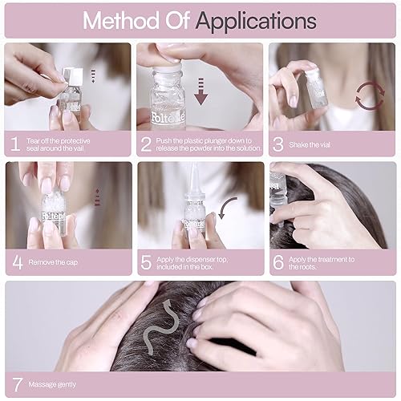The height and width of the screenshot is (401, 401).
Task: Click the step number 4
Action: click(x=17, y=261)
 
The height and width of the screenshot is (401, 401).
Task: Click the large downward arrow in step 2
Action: click(x=202, y=88)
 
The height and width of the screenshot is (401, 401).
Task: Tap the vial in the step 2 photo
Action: click(x=167, y=88)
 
